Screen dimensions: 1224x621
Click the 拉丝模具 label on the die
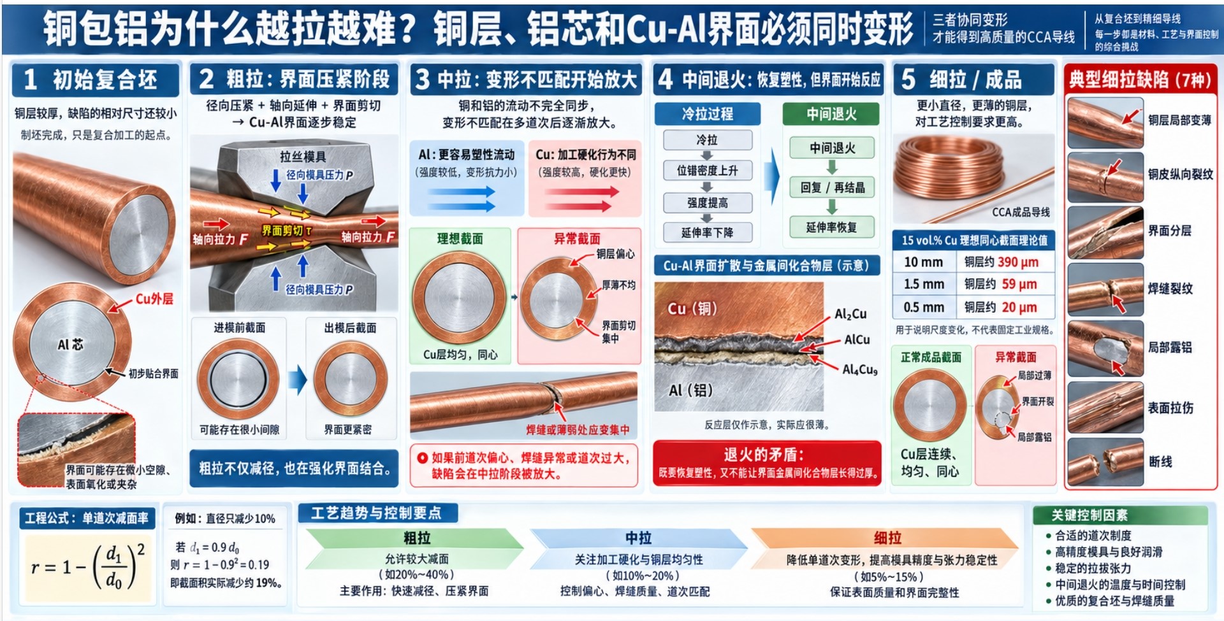point(303,157)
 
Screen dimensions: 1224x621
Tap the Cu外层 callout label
point(154,298)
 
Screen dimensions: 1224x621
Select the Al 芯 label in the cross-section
point(70,345)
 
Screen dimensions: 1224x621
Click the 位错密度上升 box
point(707,171)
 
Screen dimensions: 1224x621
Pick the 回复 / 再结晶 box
point(832,187)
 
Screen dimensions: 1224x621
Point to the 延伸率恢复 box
point(832,227)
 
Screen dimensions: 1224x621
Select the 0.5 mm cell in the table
point(923,307)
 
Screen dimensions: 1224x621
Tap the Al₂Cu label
point(850,313)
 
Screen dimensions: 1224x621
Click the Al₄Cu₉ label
point(860,369)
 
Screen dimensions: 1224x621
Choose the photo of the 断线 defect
point(1105,461)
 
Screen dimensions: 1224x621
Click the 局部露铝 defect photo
point(1105,348)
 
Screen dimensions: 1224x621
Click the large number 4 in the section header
point(665,80)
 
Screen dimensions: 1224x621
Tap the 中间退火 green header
point(831,114)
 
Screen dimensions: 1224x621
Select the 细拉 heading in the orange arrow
point(887,538)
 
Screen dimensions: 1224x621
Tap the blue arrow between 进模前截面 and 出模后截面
point(297,380)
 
